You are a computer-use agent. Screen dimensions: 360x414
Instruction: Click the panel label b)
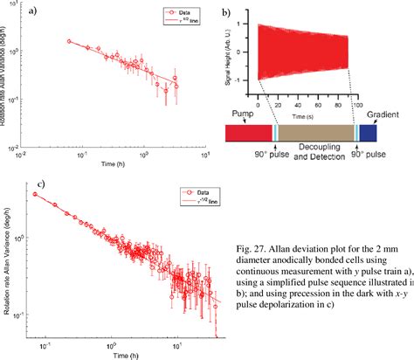pos(225,14)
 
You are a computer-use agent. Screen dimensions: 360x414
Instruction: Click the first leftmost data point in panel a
pos(70,41)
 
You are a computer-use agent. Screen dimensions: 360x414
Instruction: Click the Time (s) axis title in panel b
pos(303,114)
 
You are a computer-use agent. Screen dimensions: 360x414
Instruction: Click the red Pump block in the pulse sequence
pos(249,132)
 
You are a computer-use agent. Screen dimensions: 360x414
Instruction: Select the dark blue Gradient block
pos(368,132)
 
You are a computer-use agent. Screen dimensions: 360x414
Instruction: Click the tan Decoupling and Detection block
pos(316,132)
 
